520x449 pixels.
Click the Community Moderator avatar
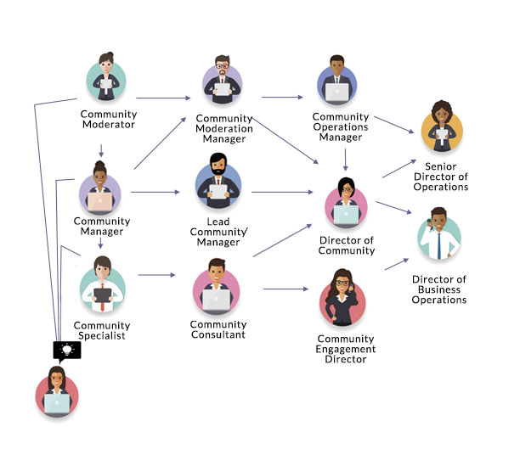(x=106, y=79)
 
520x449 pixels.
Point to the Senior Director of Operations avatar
(x=442, y=126)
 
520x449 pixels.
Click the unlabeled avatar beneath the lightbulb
(x=58, y=395)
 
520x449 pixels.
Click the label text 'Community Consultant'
(x=218, y=329)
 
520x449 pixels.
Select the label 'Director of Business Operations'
(x=439, y=289)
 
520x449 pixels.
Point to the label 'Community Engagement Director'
(x=346, y=349)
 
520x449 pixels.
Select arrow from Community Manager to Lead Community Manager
(x=155, y=192)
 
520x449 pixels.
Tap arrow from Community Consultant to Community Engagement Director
(x=285, y=289)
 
